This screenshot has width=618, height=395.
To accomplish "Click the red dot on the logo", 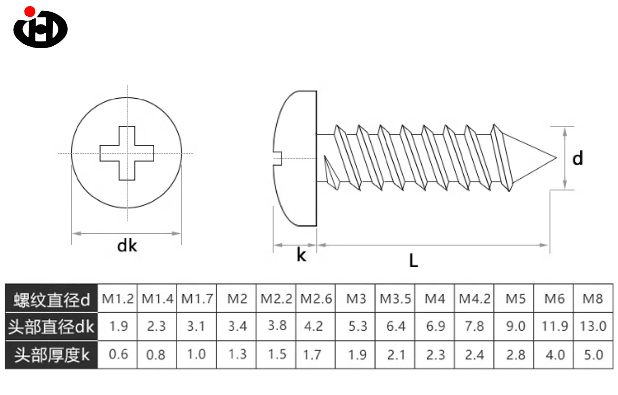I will coord(30,11).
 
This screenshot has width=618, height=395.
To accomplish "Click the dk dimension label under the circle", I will coord(127,246).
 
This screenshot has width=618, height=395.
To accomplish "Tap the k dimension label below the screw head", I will coord(301,255).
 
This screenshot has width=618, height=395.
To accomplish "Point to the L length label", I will coord(413,260).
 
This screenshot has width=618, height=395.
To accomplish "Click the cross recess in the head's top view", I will coord(127,153).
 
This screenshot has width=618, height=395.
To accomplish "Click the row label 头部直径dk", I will coord(51,327).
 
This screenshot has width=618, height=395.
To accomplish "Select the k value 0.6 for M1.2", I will coord(118,355).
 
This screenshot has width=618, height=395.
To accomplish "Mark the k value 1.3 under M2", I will coord(237,355).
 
